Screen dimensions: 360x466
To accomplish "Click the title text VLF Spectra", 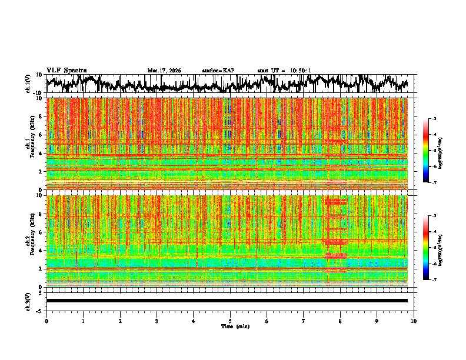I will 66,70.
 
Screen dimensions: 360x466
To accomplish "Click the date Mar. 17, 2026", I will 164,71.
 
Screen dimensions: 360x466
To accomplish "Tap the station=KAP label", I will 218,71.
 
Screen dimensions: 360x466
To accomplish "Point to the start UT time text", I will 284,71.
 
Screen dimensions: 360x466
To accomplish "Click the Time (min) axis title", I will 235,326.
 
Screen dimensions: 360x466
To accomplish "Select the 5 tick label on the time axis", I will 230,321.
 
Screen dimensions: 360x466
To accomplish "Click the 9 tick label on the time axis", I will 377,321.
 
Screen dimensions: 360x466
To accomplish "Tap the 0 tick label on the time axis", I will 46,321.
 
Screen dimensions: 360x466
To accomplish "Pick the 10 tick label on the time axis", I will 414,321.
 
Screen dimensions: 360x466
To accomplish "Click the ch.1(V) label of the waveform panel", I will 28,84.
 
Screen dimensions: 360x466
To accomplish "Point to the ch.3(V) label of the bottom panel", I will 28,301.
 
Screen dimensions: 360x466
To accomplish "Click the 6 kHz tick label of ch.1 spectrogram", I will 41,135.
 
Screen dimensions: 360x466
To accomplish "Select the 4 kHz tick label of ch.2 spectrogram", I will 41,250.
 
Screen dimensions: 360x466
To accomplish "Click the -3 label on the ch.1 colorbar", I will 434,119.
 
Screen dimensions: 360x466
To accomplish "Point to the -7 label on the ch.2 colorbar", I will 434,280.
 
